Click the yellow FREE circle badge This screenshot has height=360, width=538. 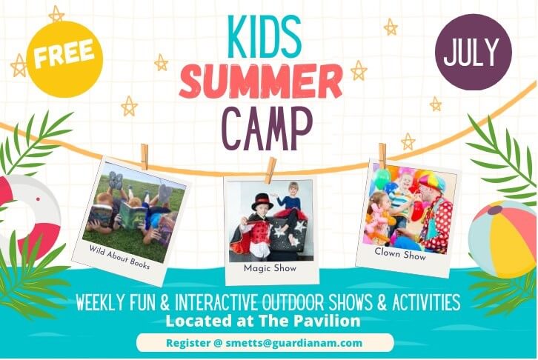64,59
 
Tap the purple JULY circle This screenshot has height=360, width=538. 473,52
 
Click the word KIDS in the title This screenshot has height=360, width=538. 265,36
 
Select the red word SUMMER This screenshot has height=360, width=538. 261,83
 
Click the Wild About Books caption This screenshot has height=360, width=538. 119,257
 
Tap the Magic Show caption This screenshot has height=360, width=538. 270,268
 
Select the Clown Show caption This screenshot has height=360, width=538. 400,254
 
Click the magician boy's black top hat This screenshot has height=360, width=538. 262,202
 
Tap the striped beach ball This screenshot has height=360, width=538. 502,239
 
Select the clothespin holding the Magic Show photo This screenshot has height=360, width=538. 271,170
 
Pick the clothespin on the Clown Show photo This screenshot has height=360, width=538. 382,156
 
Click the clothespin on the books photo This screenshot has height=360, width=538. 145,156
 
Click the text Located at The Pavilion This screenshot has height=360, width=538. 263,321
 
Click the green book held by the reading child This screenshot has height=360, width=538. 133,217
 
